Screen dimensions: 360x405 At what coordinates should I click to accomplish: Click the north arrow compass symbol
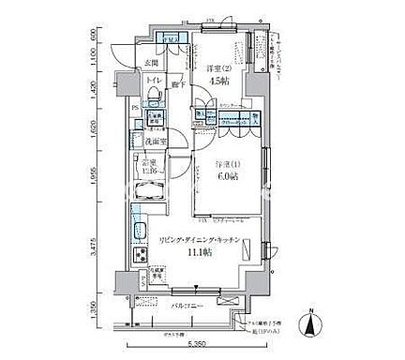click(x=307, y=325)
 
